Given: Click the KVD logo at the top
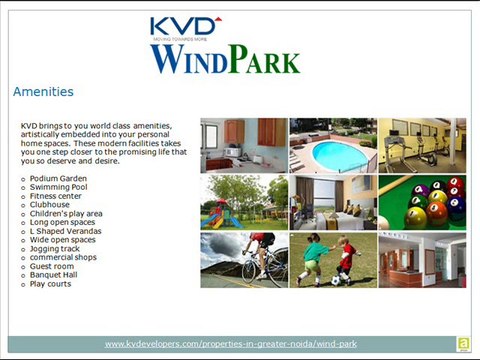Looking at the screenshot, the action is (186, 28).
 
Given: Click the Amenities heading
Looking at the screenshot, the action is (43, 92).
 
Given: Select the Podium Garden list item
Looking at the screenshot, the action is (58, 179).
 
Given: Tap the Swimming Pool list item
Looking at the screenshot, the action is (59, 187).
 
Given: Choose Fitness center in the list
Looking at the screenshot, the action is (56, 196).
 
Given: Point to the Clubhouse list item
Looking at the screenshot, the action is (50, 205).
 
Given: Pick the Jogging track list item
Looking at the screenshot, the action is (55, 249).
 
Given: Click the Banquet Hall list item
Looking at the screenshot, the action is (53, 275).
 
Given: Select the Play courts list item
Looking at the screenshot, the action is (50, 284).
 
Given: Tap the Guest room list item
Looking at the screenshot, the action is (52, 266).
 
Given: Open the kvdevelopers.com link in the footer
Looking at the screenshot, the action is (231, 344).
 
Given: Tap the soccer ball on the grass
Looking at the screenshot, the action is (336, 281).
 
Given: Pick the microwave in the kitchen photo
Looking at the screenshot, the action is (232, 152).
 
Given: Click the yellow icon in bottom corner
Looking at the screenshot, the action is (464, 344).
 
